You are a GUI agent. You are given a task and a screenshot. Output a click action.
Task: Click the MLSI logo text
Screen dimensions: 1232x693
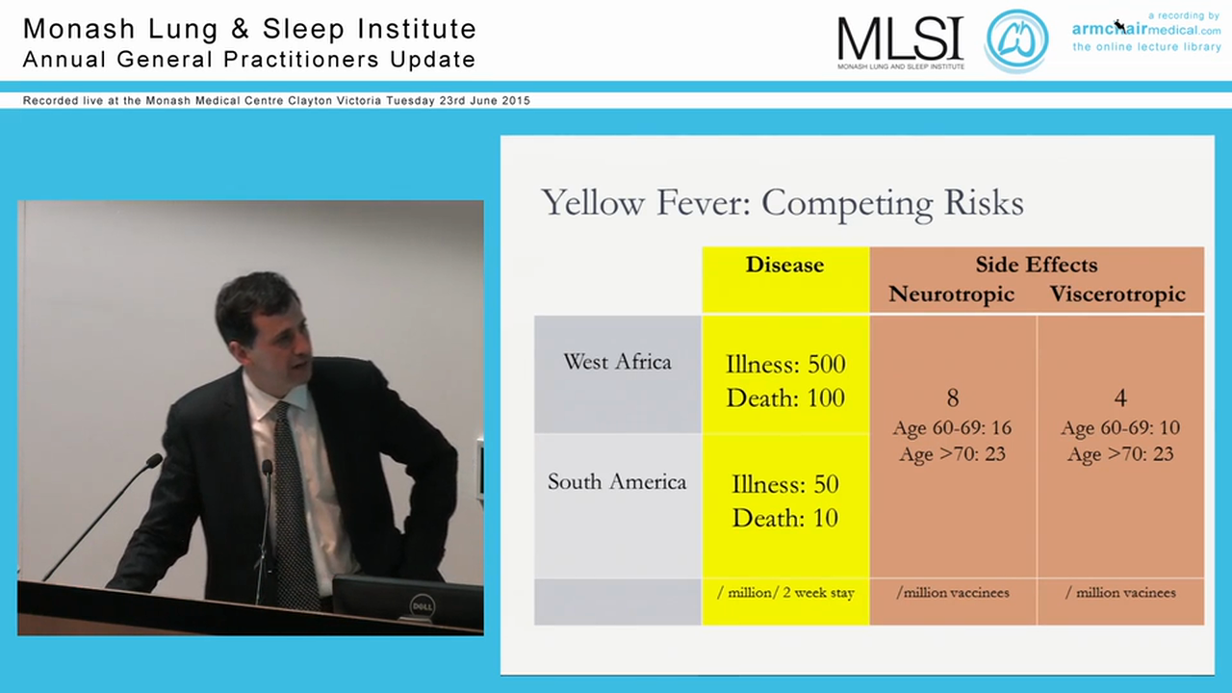pyautogui.click(x=900, y=38)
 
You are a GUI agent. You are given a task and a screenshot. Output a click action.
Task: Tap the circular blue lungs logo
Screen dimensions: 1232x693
pyautogui.click(x=1015, y=40)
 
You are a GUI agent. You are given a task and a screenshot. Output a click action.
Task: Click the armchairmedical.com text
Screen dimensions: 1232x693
pyautogui.click(x=1146, y=30)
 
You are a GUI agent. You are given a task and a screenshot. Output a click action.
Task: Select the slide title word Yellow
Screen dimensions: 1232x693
pyautogui.click(x=592, y=203)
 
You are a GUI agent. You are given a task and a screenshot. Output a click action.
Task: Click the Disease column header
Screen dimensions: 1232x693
pyautogui.click(x=784, y=265)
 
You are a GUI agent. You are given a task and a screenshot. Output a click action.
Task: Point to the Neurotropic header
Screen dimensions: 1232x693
pyautogui.click(x=952, y=295)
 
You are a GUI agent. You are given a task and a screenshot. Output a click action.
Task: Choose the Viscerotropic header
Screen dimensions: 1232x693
pyautogui.click(x=1117, y=295)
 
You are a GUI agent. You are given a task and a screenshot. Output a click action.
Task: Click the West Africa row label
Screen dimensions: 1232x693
pyautogui.click(x=617, y=362)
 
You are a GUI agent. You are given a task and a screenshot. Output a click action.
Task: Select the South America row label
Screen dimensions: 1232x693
pyautogui.click(x=617, y=482)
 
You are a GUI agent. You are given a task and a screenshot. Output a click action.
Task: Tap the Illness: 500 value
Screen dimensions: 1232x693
pyautogui.click(x=785, y=364)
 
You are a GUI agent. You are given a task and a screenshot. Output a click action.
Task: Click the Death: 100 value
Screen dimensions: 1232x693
pyautogui.click(x=785, y=398)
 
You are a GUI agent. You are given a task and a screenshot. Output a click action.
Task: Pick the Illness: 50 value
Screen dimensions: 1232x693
pyautogui.click(x=785, y=484)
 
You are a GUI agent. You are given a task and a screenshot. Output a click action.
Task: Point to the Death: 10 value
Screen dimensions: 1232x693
pyautogui.click(x=785, y=518)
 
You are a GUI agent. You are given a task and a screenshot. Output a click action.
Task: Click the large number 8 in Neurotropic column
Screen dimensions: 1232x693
pyautogui.click(x=953, y=398)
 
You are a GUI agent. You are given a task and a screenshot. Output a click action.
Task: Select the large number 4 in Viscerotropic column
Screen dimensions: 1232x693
pyautogui.click(x=1120, y=398)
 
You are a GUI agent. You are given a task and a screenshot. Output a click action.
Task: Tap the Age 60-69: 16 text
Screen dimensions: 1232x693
pyautogui.click(x=952, y=428)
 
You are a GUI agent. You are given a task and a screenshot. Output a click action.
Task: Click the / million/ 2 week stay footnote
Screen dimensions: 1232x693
pyautogui.click(x=785, y=593)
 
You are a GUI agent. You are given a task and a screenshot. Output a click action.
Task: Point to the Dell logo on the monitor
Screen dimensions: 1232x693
pyautogui.click(x=423, y=607)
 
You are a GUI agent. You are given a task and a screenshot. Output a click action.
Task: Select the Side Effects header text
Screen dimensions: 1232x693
pyautogui.click(x=1037, y=265)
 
